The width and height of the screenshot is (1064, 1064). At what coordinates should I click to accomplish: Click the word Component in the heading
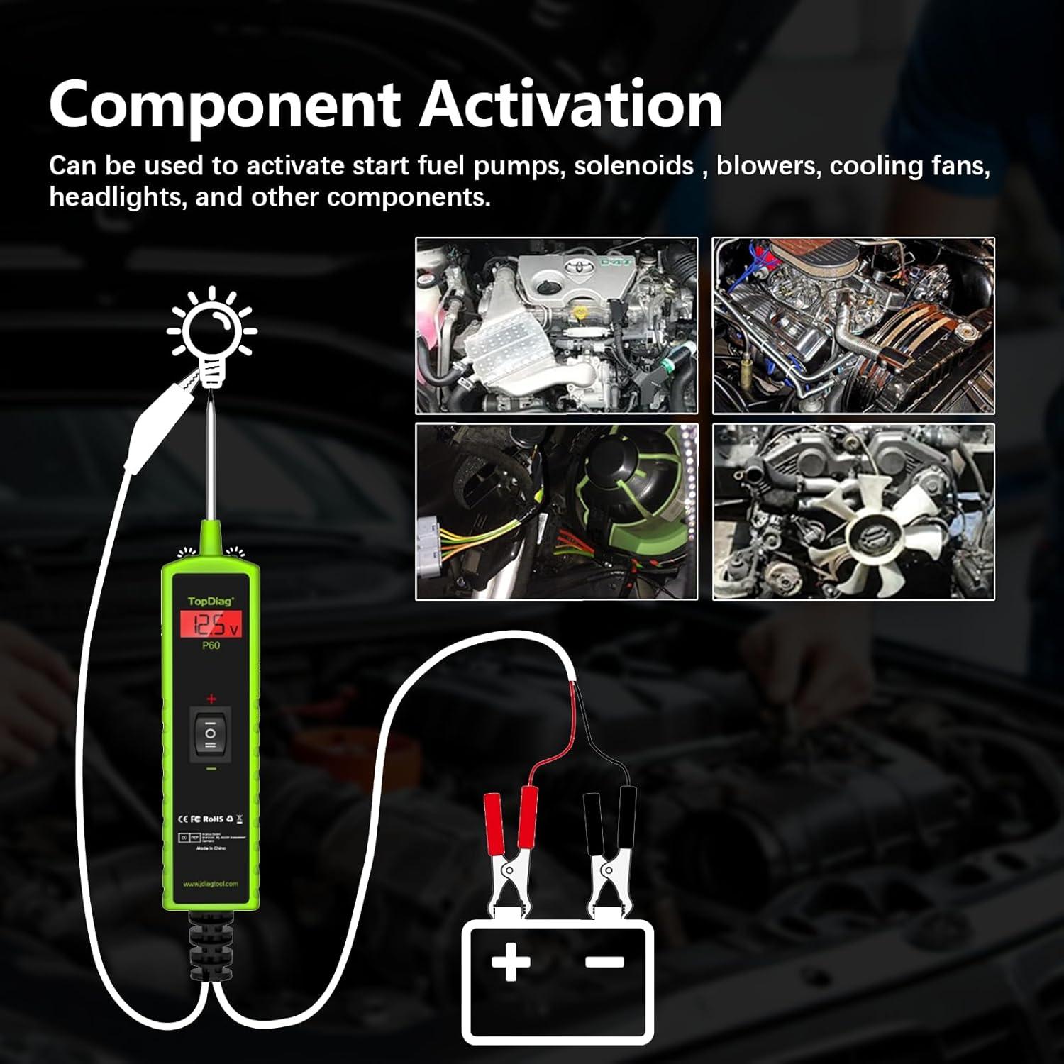225,105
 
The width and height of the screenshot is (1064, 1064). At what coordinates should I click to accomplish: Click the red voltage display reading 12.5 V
211,625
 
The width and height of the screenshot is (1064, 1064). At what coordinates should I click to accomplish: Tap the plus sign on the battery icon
510,963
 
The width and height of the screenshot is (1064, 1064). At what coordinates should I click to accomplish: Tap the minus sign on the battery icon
604,961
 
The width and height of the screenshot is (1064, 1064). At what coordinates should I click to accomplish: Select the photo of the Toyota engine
556,326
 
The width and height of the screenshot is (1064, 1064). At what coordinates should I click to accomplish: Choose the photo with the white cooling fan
853,511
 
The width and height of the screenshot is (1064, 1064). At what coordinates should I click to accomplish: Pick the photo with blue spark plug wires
853,326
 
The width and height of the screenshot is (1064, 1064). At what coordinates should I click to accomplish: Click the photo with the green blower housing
556,511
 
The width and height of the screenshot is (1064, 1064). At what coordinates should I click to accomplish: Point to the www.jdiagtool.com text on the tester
210,883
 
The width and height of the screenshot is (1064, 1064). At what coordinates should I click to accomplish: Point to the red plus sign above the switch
211,699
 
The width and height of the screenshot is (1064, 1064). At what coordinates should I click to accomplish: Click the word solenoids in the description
633,166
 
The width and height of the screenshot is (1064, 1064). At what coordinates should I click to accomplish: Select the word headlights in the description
116,196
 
